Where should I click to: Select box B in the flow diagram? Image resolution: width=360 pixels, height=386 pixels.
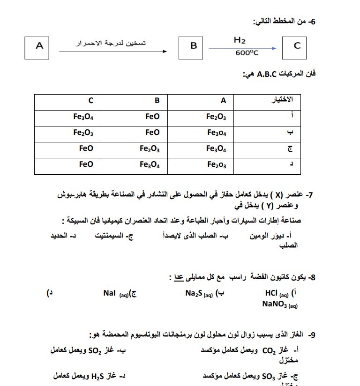pyautogui.click(x=193, y=46)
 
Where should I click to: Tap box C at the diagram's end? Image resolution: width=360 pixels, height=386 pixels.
pyautogui.click(x=297, y=46)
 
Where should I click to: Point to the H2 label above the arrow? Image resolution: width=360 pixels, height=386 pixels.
pyautogui.click(x=240, y=40)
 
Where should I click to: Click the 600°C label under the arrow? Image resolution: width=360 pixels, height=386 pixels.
pyautogui.click(x=247, y=53)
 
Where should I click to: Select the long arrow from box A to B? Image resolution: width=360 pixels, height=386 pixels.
pyautogui.click(x=112, y=52)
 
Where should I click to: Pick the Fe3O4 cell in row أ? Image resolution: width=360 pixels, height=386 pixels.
pyautogui.click(x=83, y=117)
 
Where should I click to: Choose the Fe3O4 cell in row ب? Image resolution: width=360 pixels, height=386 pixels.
pyautogui.click(x=217, y=133)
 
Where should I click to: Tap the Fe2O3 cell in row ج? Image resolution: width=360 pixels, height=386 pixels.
pyautogui.click(x=150, y=149)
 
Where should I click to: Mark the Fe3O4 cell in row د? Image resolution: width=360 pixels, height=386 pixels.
pyautogui.click(x=150, y=165)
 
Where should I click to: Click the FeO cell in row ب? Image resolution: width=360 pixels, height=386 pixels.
pyautogui.click(x=152, y=133)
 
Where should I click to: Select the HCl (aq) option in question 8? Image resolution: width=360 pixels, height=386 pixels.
pyautogui.click(x=277, y=294)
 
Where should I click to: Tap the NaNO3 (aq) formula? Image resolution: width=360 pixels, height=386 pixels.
pyautogui.click(x=280, y=304)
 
